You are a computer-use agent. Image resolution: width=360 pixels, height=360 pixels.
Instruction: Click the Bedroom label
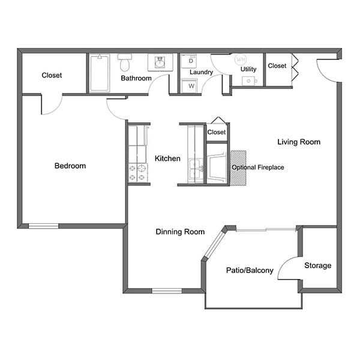pos(70,166)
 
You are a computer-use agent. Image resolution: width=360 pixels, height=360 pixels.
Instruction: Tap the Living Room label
pos(298,142)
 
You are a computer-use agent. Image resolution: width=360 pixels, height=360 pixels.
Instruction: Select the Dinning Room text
pos(180,232)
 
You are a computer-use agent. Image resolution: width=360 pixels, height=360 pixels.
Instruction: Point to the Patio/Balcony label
pos(250,271)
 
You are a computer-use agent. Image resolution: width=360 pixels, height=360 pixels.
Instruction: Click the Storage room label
pos(317,266)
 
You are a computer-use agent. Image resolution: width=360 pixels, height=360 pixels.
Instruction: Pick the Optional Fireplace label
pos(257,167)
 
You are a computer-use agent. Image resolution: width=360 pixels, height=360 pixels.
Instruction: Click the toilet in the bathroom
pos(125,62)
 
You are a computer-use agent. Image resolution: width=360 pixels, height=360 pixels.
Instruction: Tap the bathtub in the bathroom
pos(100,73)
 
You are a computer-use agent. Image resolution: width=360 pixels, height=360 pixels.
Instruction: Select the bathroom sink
pos(160,62)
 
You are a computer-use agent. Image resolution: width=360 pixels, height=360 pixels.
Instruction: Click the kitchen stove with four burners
pos(138,173)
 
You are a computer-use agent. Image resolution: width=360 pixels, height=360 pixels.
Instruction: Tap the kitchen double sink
pos(195,169)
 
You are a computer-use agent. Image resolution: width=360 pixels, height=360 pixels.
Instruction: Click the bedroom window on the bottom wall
pos(44,226)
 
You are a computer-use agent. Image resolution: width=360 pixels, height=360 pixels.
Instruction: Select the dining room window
pos(167,291)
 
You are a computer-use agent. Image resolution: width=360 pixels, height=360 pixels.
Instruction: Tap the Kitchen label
pos(167,159)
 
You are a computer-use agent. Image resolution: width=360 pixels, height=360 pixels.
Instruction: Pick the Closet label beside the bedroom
pos(52,76)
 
